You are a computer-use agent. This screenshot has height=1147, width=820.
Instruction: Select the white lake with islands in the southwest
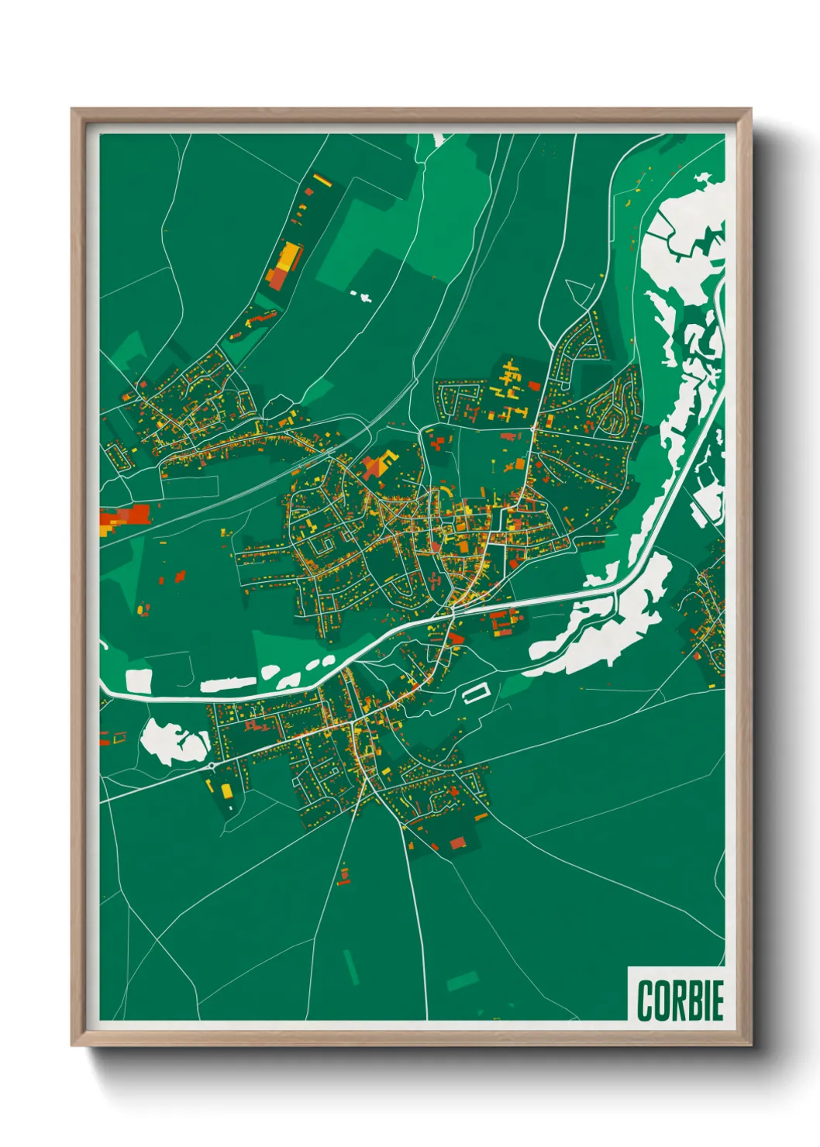pyautogui.click(x=175, y=742)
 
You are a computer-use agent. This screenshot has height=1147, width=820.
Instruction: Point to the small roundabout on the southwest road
pyautogui.click(x=211, y=766)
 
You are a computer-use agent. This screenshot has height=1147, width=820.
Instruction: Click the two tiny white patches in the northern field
pyautogui.click(x=361, y=295)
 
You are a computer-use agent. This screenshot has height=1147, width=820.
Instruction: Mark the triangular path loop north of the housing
pyautogui.click(x=579, y=292)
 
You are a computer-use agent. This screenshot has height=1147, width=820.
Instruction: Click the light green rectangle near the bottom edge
pyautogui.click(x=463, y=981)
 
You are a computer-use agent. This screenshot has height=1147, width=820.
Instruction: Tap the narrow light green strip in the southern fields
pyautogui.click(x=351, y=966)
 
